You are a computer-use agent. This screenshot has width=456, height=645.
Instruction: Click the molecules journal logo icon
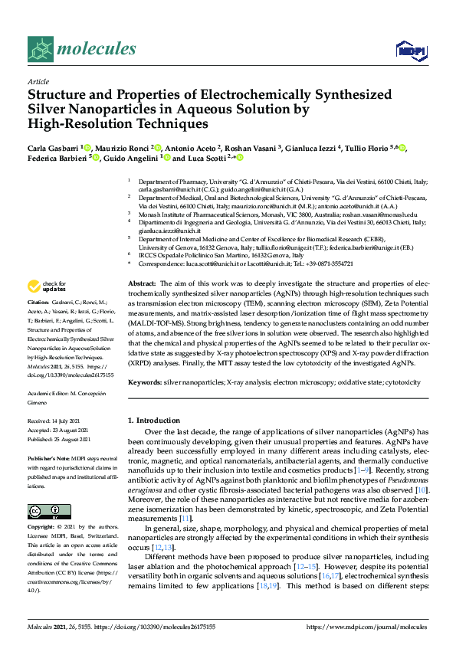pyautogui.click(x=41, y=50)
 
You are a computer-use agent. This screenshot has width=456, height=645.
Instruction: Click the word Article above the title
pyautogui.click(x=38, y=81)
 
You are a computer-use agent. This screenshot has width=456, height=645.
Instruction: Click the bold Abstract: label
pyautogui.click(x=142, y=283)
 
